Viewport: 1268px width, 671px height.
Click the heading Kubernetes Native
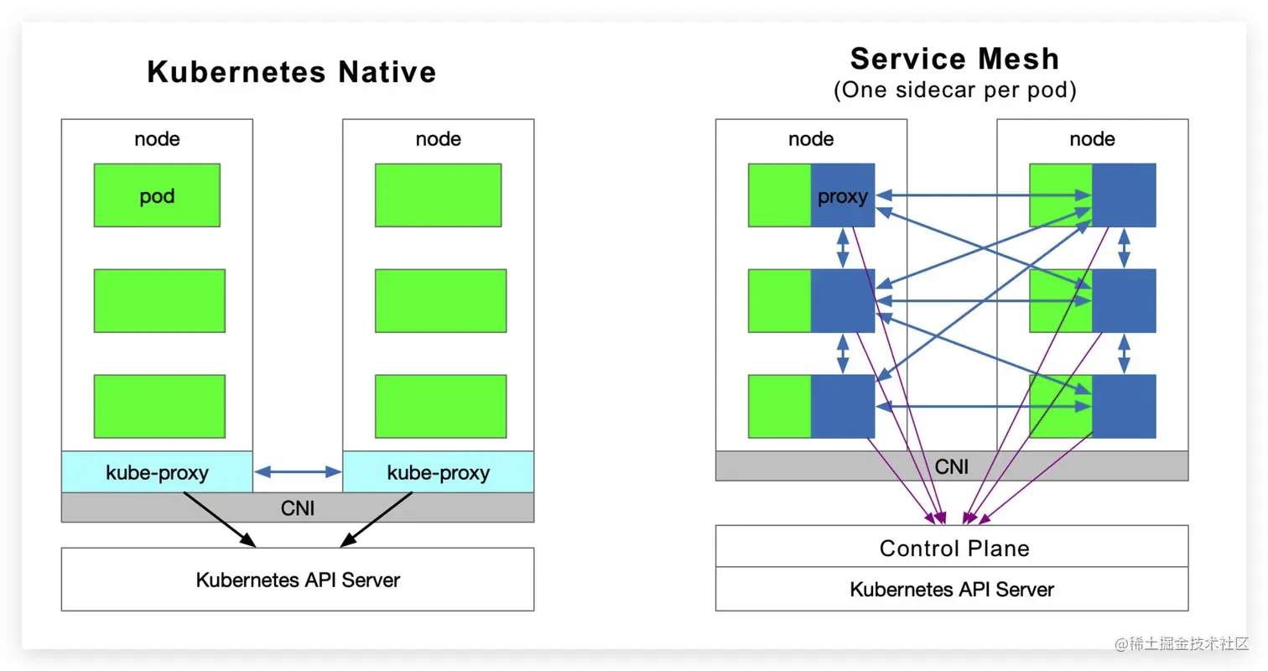[291, 72]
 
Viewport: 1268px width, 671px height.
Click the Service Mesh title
[954, 59]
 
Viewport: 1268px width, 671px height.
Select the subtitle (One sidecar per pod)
[954, 91]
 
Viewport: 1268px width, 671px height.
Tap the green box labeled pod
[157, 195]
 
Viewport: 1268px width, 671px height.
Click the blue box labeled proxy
[842, 195]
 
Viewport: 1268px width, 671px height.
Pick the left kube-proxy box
[157, 472]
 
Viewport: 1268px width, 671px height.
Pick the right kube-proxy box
[438, 472]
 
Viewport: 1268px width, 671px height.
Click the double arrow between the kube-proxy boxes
[298, 472]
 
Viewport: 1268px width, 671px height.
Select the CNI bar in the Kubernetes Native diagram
[298, 507]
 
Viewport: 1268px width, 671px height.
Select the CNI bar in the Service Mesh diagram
[951, 466]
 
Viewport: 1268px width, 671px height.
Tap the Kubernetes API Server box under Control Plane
[951, 589]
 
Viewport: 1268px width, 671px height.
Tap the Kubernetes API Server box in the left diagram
[298, 579]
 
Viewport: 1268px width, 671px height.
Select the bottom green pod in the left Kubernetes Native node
[159, 406]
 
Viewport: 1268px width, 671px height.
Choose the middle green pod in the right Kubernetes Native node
[440, 300]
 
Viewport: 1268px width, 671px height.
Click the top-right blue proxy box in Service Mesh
[1124, 195]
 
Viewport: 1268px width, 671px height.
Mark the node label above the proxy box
[811, 138]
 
